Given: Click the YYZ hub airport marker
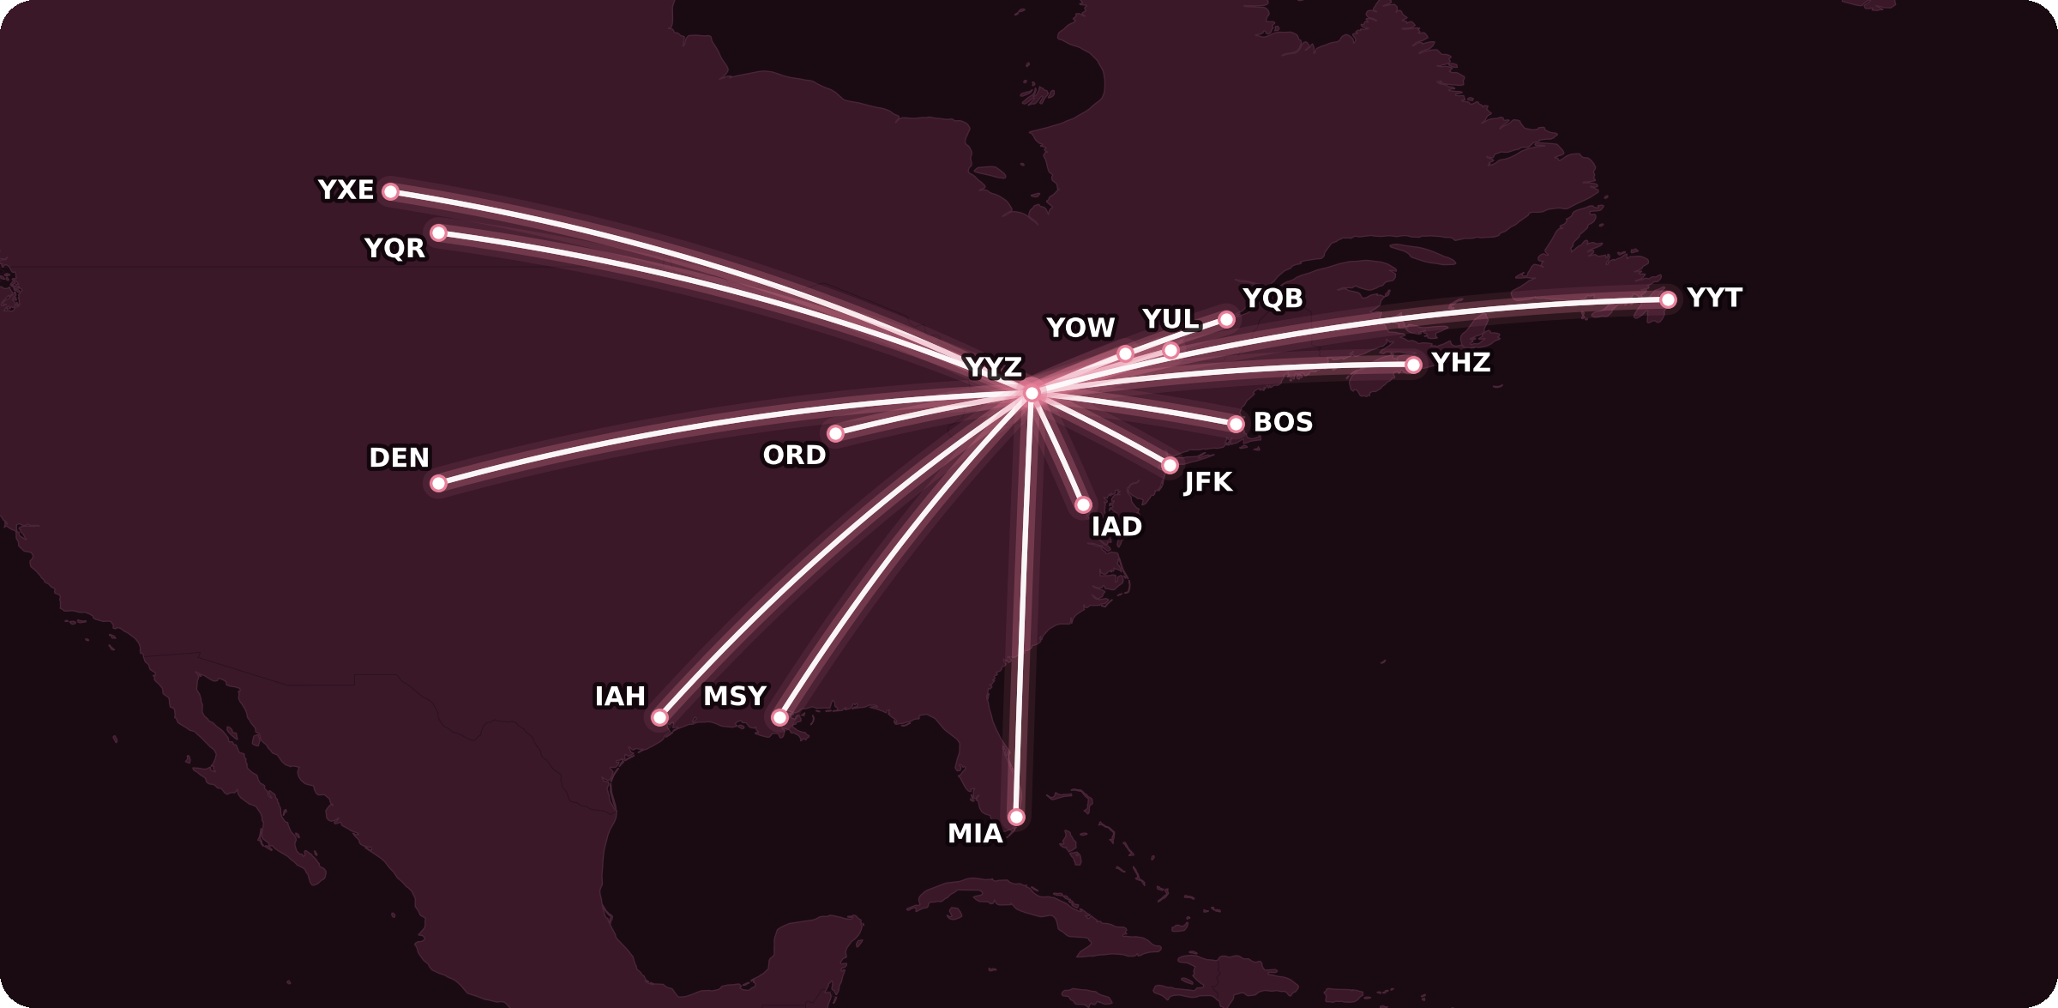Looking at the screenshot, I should coord(1032,393).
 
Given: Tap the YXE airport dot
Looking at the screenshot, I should coord(390,191).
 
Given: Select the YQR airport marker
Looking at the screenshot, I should coord(438,232).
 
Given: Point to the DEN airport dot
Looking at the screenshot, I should coord(438,483).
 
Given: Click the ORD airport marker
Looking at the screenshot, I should coord(835,433).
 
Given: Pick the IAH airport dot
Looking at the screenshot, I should coord(659,717).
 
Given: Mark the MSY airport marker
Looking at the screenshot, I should coord(779,717).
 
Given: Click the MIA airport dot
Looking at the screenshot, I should coord(1016,817).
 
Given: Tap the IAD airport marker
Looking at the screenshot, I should coord(1083,504).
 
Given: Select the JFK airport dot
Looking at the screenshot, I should coord(1170,465).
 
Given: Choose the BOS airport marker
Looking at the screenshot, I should coord(1236,424).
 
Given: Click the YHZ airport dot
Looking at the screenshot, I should coord(1413,365).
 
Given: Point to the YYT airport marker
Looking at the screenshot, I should coord(1668,299).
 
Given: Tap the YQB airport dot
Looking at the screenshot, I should coord(1226,319).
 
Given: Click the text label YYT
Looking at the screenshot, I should coord(1714,298).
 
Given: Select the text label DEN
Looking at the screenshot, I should coord(399,458).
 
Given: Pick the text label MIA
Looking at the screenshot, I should coord(975,834).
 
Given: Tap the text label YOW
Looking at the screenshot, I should coord(1080,328).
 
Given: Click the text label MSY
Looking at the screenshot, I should coord(735,696).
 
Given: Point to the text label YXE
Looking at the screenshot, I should coord(346,190).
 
